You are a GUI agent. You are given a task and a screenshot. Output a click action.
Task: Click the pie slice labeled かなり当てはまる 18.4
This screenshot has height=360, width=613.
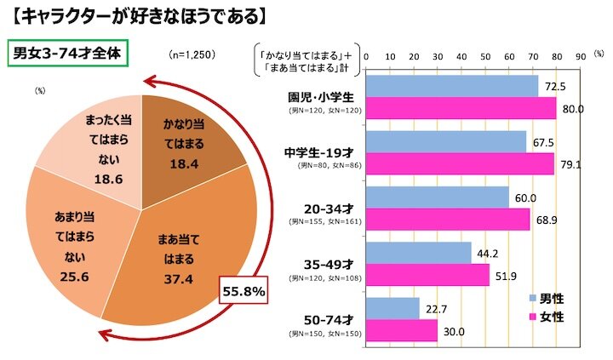(181, 140)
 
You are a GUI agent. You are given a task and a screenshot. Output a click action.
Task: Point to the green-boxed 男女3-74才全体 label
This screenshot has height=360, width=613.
(66, 54)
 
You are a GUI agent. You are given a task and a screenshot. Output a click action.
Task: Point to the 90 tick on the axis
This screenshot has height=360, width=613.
(579, 53)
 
